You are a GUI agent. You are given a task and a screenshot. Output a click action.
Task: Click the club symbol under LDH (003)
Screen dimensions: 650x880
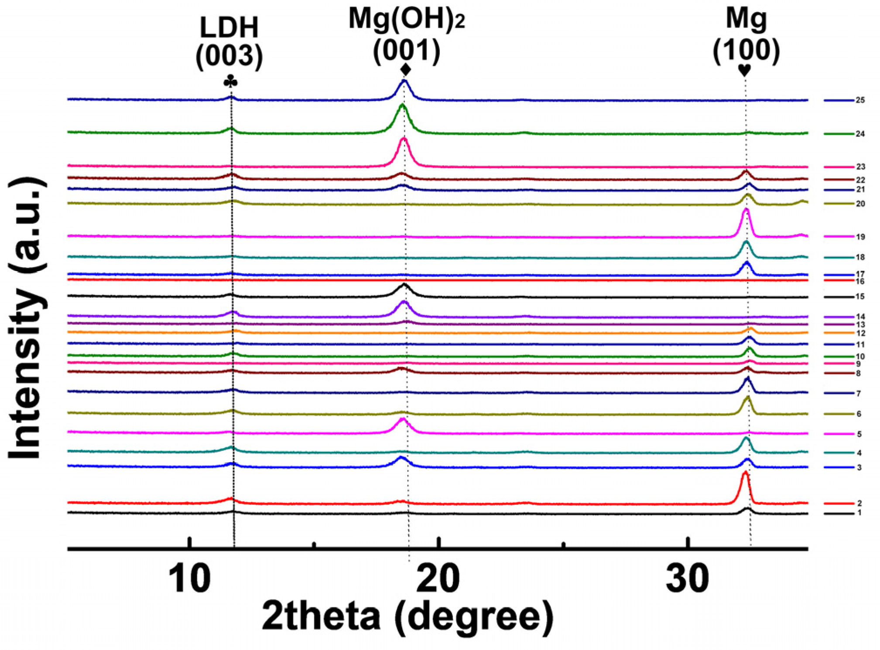230,81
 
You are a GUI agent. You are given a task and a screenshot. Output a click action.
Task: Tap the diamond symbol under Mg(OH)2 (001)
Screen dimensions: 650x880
405,69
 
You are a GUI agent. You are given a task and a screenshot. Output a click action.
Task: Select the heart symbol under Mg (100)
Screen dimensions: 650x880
744,70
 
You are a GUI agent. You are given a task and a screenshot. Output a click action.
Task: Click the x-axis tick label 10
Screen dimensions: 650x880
189,579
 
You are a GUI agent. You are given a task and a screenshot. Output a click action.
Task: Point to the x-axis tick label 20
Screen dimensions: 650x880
438,579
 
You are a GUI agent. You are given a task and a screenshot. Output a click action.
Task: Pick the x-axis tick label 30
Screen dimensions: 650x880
687,579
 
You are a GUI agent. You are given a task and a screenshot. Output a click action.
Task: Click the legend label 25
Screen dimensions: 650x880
860,100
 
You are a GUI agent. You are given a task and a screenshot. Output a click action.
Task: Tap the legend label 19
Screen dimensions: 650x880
860,237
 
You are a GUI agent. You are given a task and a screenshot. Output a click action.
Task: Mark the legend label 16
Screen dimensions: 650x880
860,282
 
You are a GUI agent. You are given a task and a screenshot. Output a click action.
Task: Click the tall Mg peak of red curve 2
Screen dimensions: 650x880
745,473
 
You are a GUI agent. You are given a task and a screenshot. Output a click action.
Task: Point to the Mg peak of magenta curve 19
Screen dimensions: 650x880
746,210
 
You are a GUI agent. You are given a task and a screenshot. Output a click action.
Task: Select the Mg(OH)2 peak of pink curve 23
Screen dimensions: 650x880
404,140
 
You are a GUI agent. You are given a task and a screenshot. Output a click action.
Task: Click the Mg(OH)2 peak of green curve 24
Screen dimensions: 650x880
402,105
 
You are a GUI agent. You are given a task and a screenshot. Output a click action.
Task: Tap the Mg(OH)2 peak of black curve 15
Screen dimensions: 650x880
404,285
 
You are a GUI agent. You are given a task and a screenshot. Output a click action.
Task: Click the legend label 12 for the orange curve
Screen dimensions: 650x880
860,334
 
